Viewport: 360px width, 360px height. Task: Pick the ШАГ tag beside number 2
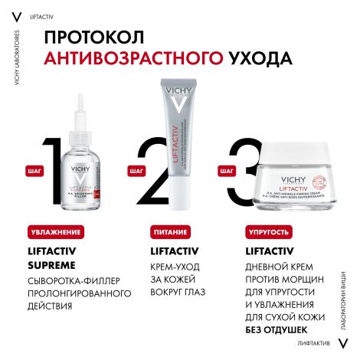click(136, 172)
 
